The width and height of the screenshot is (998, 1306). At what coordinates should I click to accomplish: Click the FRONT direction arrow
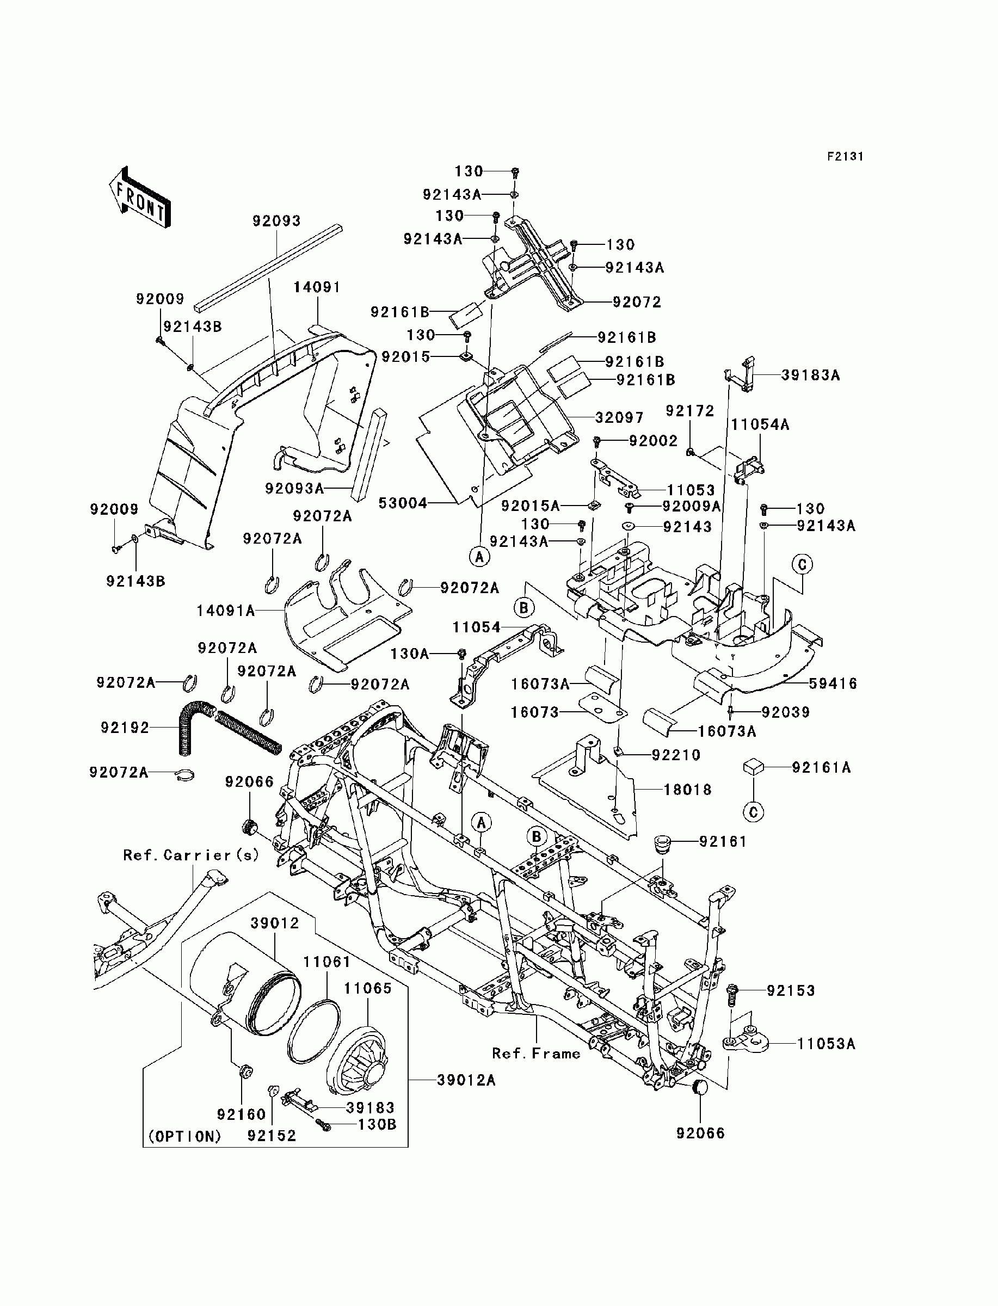point(140,196)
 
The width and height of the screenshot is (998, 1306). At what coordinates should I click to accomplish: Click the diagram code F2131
point(845,156)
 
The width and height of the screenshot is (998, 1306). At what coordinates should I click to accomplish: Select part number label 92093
point(277,221)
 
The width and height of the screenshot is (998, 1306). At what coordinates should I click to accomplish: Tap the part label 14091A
point(226,611)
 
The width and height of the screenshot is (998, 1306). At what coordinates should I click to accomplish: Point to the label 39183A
point(810,375)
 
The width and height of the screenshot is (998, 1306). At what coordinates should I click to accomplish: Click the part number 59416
point(833,683)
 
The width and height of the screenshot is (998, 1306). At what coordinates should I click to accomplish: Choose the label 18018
point(687,790)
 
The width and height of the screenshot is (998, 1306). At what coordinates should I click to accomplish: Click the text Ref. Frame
point(537,1054)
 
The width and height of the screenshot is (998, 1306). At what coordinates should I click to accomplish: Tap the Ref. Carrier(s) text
point(192,855)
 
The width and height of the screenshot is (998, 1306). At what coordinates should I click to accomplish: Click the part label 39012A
point(466,1080)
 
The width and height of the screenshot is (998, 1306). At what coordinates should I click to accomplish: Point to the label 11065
point(368,988)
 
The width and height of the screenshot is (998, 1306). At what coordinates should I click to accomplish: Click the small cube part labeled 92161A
point(753,767)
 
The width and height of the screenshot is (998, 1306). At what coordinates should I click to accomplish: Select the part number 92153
point(791,990)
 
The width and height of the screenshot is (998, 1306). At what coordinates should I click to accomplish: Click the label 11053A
point(825,1044)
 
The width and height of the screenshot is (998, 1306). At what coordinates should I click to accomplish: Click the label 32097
point(620,417)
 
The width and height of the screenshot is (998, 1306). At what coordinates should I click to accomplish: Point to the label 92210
point(676,755)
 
